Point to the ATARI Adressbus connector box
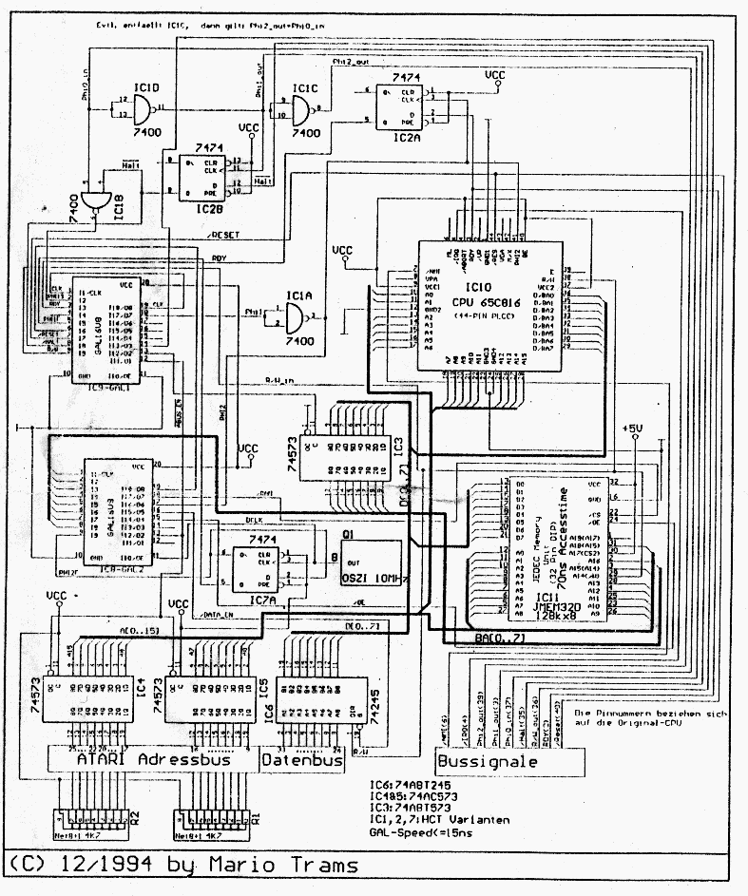(x=154, y=759)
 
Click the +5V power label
(x=633, y=429)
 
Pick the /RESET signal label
(x=225, y=234)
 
